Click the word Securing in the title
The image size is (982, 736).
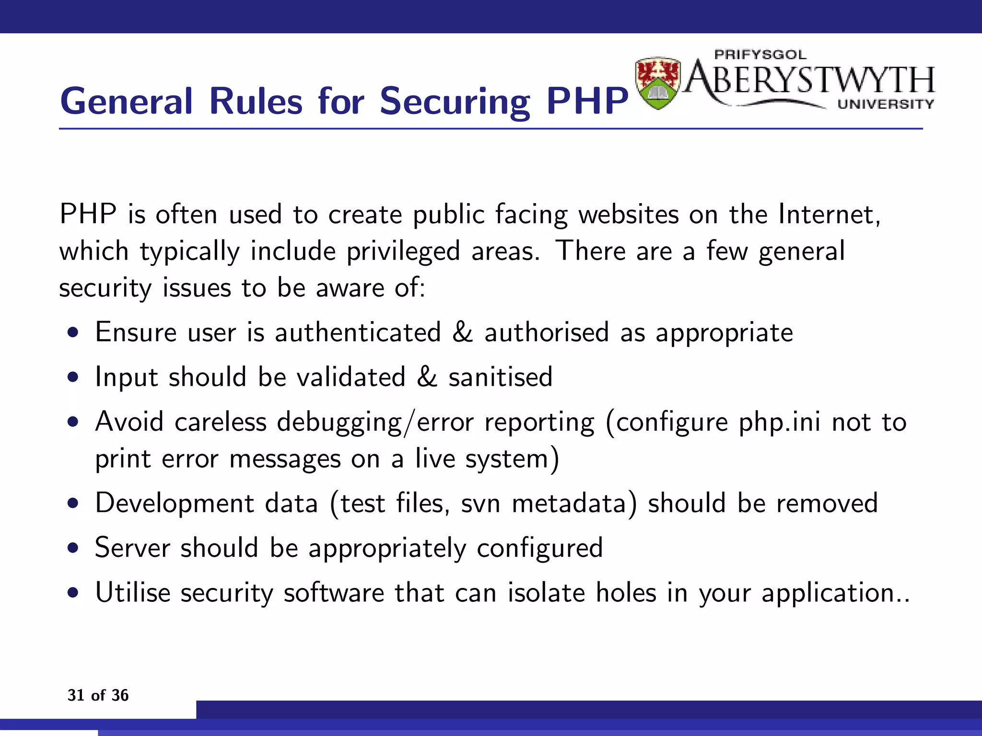(455, 102)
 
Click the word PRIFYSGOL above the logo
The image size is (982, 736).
(760, 55)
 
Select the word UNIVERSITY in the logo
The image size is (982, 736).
(886, 104)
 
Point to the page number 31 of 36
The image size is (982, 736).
(98, 695)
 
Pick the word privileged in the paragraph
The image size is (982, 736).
(403, 251)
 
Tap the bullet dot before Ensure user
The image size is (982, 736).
(73, 333)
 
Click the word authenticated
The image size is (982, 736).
(358, 332)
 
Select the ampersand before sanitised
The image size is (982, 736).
(427, 377)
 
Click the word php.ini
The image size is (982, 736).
(780, 422)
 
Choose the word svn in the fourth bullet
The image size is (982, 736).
(481, 503)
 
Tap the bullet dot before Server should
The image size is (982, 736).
(73, 548)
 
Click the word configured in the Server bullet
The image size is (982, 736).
(539, 548)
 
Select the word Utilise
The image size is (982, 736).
(133, 592)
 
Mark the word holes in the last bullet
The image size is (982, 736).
(626, 592)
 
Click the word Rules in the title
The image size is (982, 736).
(256, 102)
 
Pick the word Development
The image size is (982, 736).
(175, 503)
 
